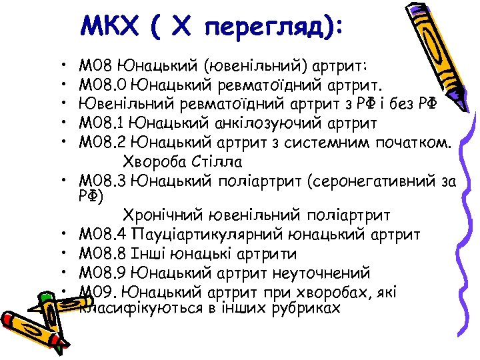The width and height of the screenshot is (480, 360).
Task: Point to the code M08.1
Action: tap(101, 123)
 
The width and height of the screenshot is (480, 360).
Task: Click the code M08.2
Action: tap(101, 143)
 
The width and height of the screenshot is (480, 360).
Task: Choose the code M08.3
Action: tap(102, 180)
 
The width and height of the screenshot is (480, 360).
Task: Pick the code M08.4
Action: tap(102, 235)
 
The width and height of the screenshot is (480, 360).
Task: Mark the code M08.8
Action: tap(102, 254)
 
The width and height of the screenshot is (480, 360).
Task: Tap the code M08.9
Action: tap(102, 273)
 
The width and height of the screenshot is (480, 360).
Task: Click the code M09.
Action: tap(98, 292)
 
